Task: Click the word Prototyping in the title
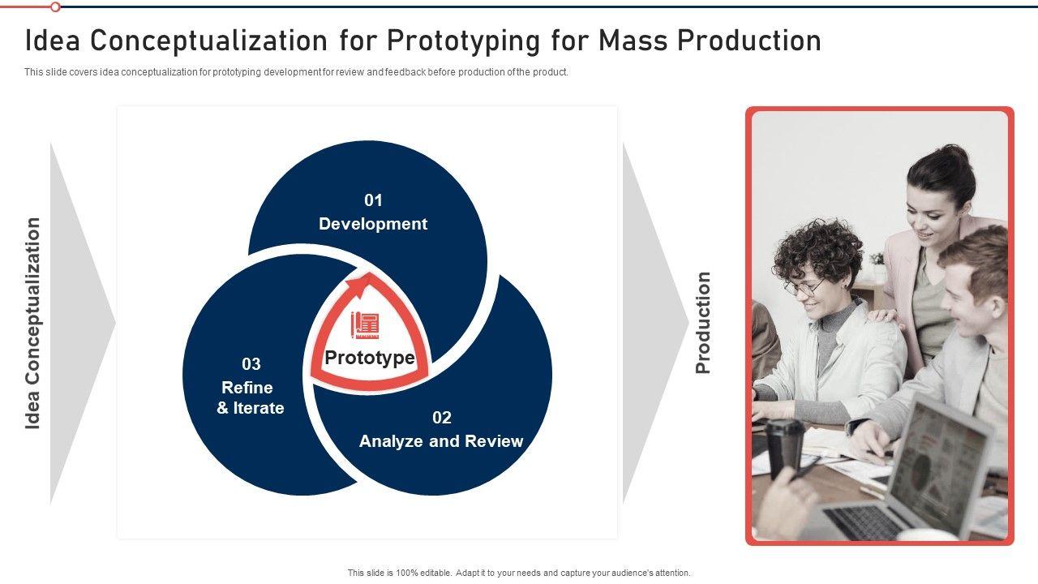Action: coord(463,41)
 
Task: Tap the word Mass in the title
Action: coord(633,41)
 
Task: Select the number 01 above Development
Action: coord(373,200)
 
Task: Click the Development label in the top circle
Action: coord(373,224)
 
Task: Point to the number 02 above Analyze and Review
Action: coord(442,418)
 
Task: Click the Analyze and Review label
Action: coord(441,441)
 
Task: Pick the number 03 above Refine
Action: coord(251,364)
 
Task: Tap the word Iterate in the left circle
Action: coord(259,408)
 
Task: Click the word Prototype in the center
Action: coord(370,358)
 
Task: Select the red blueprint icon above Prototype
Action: coord(365,325)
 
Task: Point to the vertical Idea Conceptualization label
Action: coord(32,323)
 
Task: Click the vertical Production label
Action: coord(703,323)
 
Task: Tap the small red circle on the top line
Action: coord(55,7)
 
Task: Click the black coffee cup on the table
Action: coord(784,447)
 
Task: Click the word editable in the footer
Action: coord(435,573)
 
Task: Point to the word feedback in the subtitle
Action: coord(405,72)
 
